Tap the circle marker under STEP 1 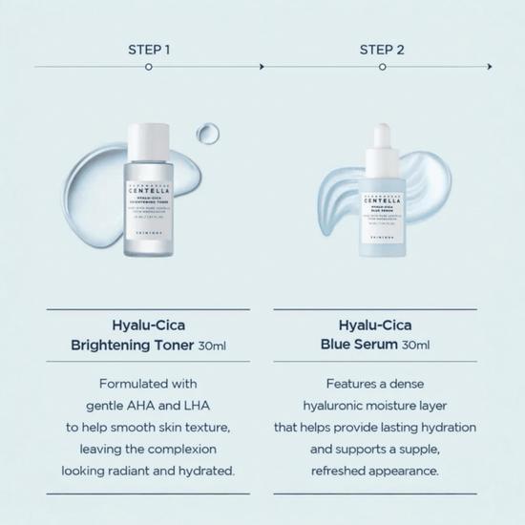coord(148,67)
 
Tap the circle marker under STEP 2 coord(381,67)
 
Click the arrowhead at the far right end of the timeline coord(490,67)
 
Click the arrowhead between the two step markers coord(262,67)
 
